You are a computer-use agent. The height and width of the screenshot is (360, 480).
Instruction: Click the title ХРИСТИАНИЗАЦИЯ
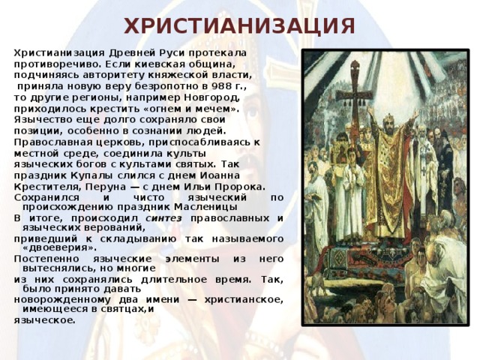point(239,26)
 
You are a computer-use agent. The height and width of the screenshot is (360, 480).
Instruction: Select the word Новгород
point(211,97)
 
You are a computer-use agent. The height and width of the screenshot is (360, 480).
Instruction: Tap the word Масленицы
point(205,207)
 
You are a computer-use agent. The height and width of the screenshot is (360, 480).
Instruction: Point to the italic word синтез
point(163,218)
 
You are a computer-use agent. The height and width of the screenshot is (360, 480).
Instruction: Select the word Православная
point(53,142)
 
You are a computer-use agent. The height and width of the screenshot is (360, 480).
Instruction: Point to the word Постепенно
point(46,259)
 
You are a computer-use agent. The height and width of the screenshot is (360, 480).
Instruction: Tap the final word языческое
point(44,320)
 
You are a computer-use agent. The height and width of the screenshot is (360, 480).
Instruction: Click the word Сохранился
point(46,198)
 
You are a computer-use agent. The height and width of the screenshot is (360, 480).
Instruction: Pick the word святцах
point(121,310)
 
